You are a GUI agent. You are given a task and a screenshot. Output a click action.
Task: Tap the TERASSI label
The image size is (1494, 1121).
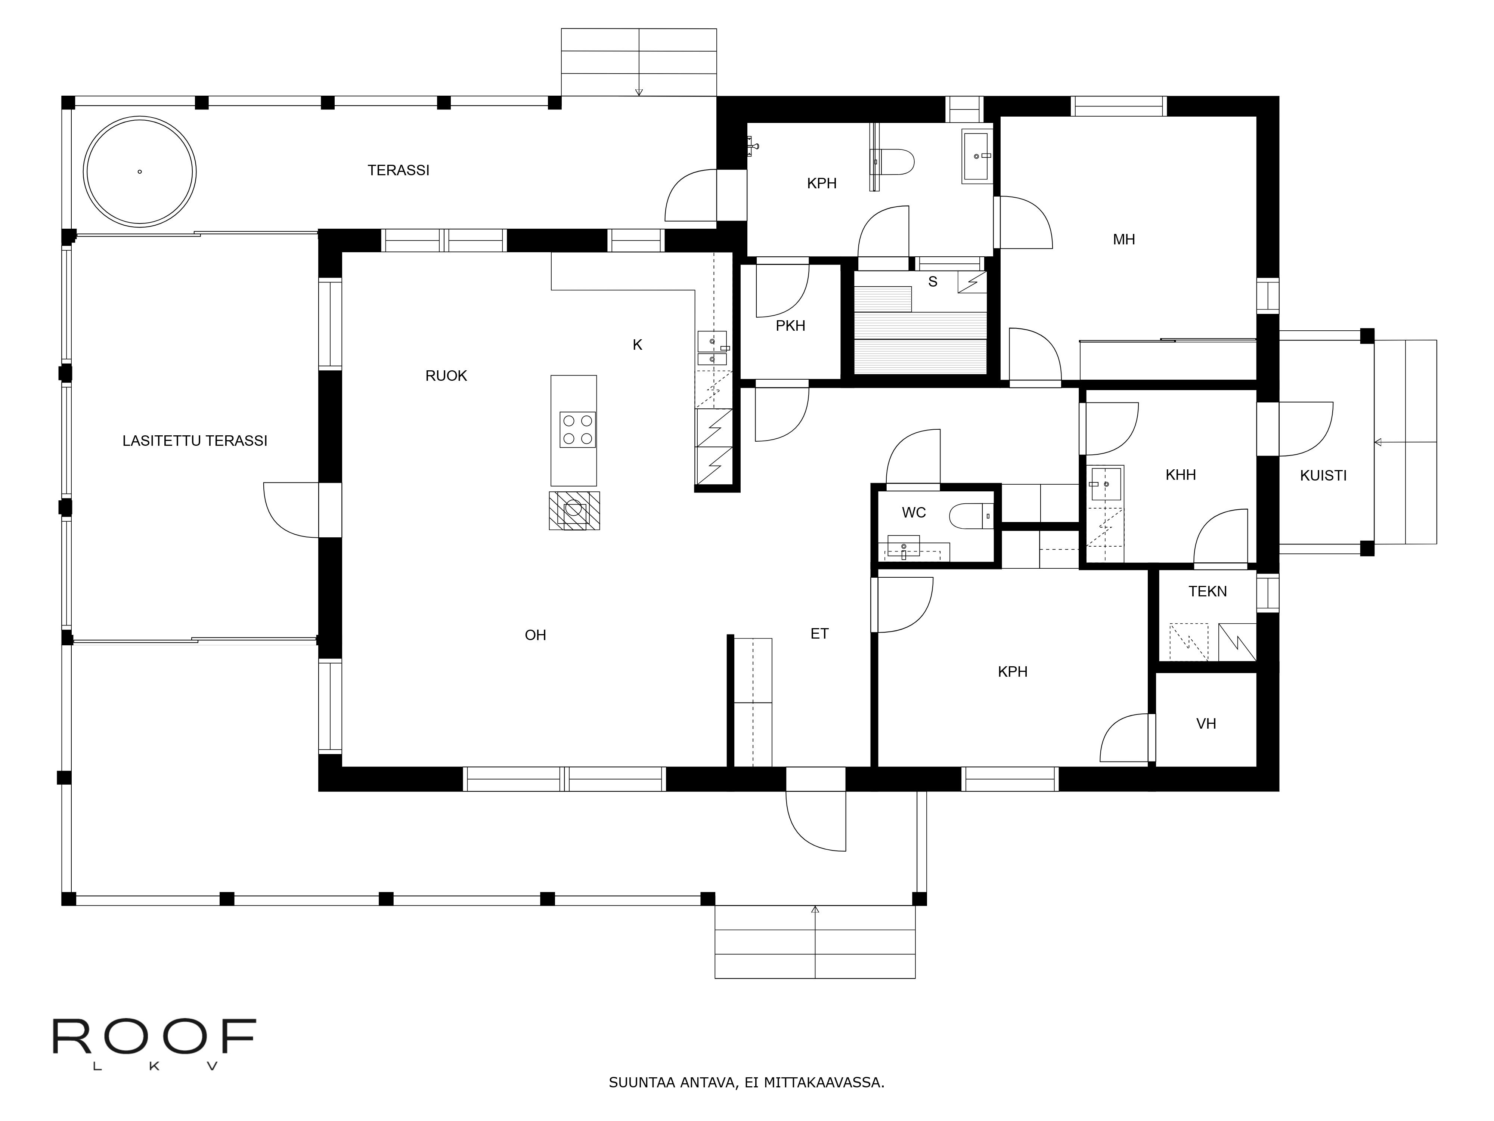(x=399, y=170)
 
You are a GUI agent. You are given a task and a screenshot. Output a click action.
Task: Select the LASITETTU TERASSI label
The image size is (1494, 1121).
(x=195, y=441)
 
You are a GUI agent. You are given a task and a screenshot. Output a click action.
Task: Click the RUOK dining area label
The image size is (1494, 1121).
(x=446, y=376)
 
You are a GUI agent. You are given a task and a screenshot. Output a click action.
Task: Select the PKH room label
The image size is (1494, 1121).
(x=790, y=326)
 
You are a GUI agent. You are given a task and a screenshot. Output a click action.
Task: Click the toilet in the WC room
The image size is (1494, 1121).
(x=971, y=517)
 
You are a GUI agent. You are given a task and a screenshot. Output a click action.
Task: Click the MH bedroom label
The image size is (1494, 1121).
(x=1124, y=239)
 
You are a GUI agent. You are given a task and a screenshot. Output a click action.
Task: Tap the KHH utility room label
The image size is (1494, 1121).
(x=1181, y=475)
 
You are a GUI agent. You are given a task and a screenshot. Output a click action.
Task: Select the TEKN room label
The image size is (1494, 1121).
(x=1208, y=591)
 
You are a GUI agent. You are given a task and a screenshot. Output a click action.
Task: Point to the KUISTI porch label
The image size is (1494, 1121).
(x=1323, y=476)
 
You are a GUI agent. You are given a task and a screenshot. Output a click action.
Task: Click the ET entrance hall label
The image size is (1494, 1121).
(x=819, y=634)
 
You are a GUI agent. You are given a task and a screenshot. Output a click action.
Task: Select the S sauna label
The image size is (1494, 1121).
(x=933, y=282)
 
